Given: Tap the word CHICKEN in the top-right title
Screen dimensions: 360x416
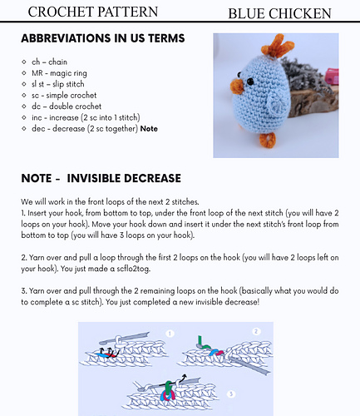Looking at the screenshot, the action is point(302,13).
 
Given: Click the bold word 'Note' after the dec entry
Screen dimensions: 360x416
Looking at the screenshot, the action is point(149,128).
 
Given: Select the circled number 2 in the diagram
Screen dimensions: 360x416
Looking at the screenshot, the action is point(257,331).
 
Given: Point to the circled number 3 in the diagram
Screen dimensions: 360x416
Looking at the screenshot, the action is point(230,392).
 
